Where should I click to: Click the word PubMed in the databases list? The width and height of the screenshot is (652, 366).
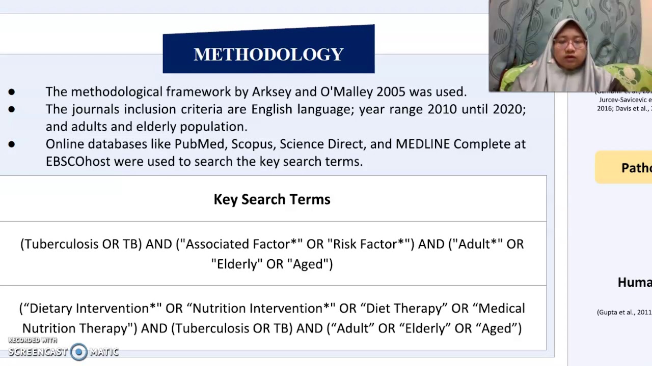(x=199, y=144)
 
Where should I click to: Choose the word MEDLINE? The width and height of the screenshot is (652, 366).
(x=423, y=144)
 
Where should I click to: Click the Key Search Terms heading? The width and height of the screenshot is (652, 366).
(x=272, y=199)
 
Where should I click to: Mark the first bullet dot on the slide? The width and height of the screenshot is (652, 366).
(x=12, y=92)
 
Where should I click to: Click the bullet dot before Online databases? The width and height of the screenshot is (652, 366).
(x=12, y=144)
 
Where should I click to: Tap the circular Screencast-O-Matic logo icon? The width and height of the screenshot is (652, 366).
(x=78, y=352)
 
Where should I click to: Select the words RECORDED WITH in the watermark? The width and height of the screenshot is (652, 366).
(x=33, y=340)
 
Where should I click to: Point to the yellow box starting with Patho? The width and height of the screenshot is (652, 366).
(x=623, y=167)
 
